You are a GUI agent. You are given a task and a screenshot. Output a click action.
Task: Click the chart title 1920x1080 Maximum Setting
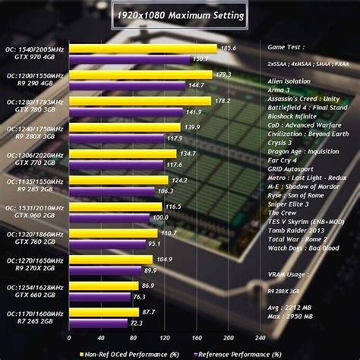pos(180,14)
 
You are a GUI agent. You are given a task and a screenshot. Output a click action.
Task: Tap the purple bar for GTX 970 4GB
pos(131,58)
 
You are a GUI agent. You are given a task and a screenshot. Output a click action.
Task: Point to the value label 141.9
pos(204,112)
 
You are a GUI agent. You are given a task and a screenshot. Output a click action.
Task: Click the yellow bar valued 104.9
pos(112,260)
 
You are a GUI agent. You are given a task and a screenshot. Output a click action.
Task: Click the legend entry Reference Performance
pos(229,352)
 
